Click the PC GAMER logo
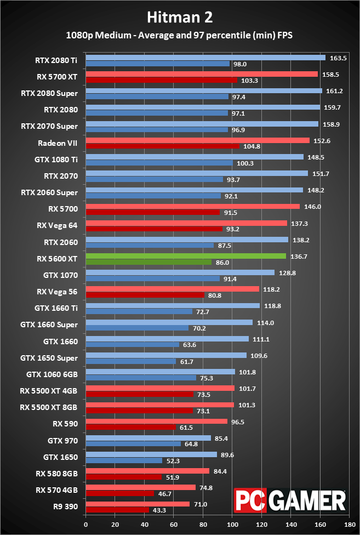pos(290,500)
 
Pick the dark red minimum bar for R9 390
pos(117,510)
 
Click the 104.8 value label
pos(252,146)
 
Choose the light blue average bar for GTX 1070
pos(180,272)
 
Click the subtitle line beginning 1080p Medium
pos(180,35)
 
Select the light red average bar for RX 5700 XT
pos(202,74)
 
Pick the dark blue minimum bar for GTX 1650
pos(124,460)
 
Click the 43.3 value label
pos(161,510)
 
